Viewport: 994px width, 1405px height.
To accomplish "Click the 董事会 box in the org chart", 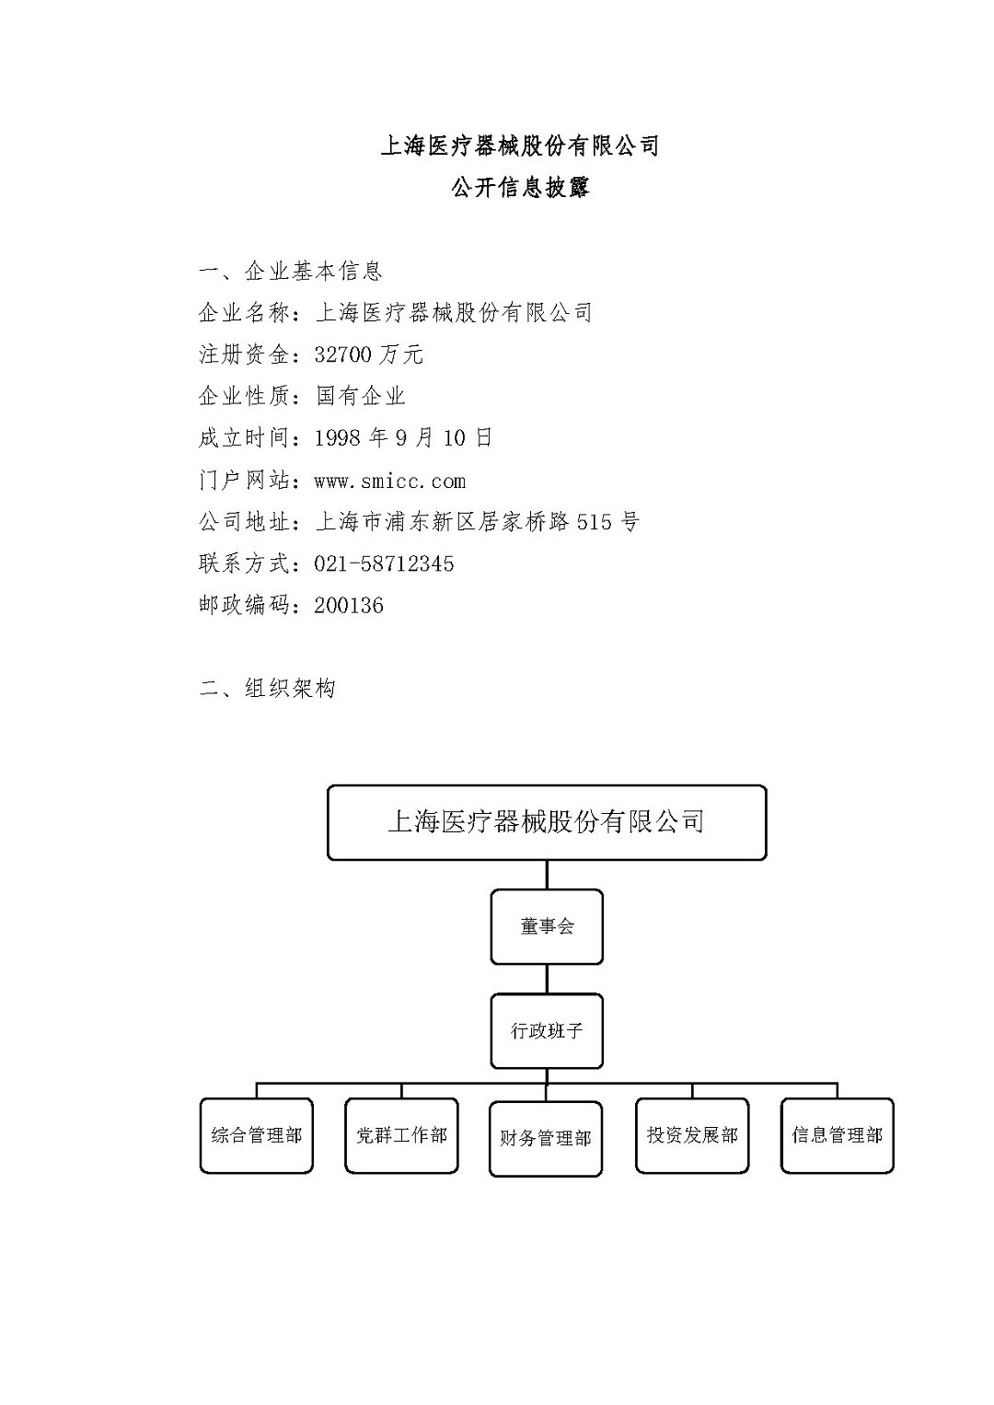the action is coord(546,926).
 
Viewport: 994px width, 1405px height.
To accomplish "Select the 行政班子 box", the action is coord(546,1030).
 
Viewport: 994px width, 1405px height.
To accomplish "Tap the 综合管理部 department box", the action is coord(257,1135).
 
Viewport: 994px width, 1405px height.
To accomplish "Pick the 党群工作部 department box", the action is coord(401,1135).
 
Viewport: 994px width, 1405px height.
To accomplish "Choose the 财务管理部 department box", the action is coord(546,1138).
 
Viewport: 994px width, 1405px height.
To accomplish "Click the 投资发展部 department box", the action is coord(692,1135).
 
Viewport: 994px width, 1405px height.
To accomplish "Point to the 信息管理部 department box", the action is coord(838,1135).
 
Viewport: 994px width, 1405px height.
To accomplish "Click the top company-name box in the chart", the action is coord(547,822).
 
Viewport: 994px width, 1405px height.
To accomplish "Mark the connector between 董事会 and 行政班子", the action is coord(547,979).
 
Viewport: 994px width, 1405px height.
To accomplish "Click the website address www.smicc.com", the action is coord(389,482).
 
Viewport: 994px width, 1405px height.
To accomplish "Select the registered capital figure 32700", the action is coord(342,355).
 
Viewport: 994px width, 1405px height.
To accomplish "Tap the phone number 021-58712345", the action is coord(384,563).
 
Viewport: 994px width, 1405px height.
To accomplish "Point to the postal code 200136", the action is coord(349,605).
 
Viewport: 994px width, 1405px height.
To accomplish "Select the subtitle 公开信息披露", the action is coord(521,187).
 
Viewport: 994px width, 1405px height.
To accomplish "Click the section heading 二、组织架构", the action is coord(267,689).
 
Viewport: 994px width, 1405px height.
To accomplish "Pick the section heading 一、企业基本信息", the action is coord(290,271).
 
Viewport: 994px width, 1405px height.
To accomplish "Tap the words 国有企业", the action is coord(361,396).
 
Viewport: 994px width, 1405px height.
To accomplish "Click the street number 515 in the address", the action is coord(594,522).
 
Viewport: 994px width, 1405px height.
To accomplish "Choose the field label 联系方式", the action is coord(244,563).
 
